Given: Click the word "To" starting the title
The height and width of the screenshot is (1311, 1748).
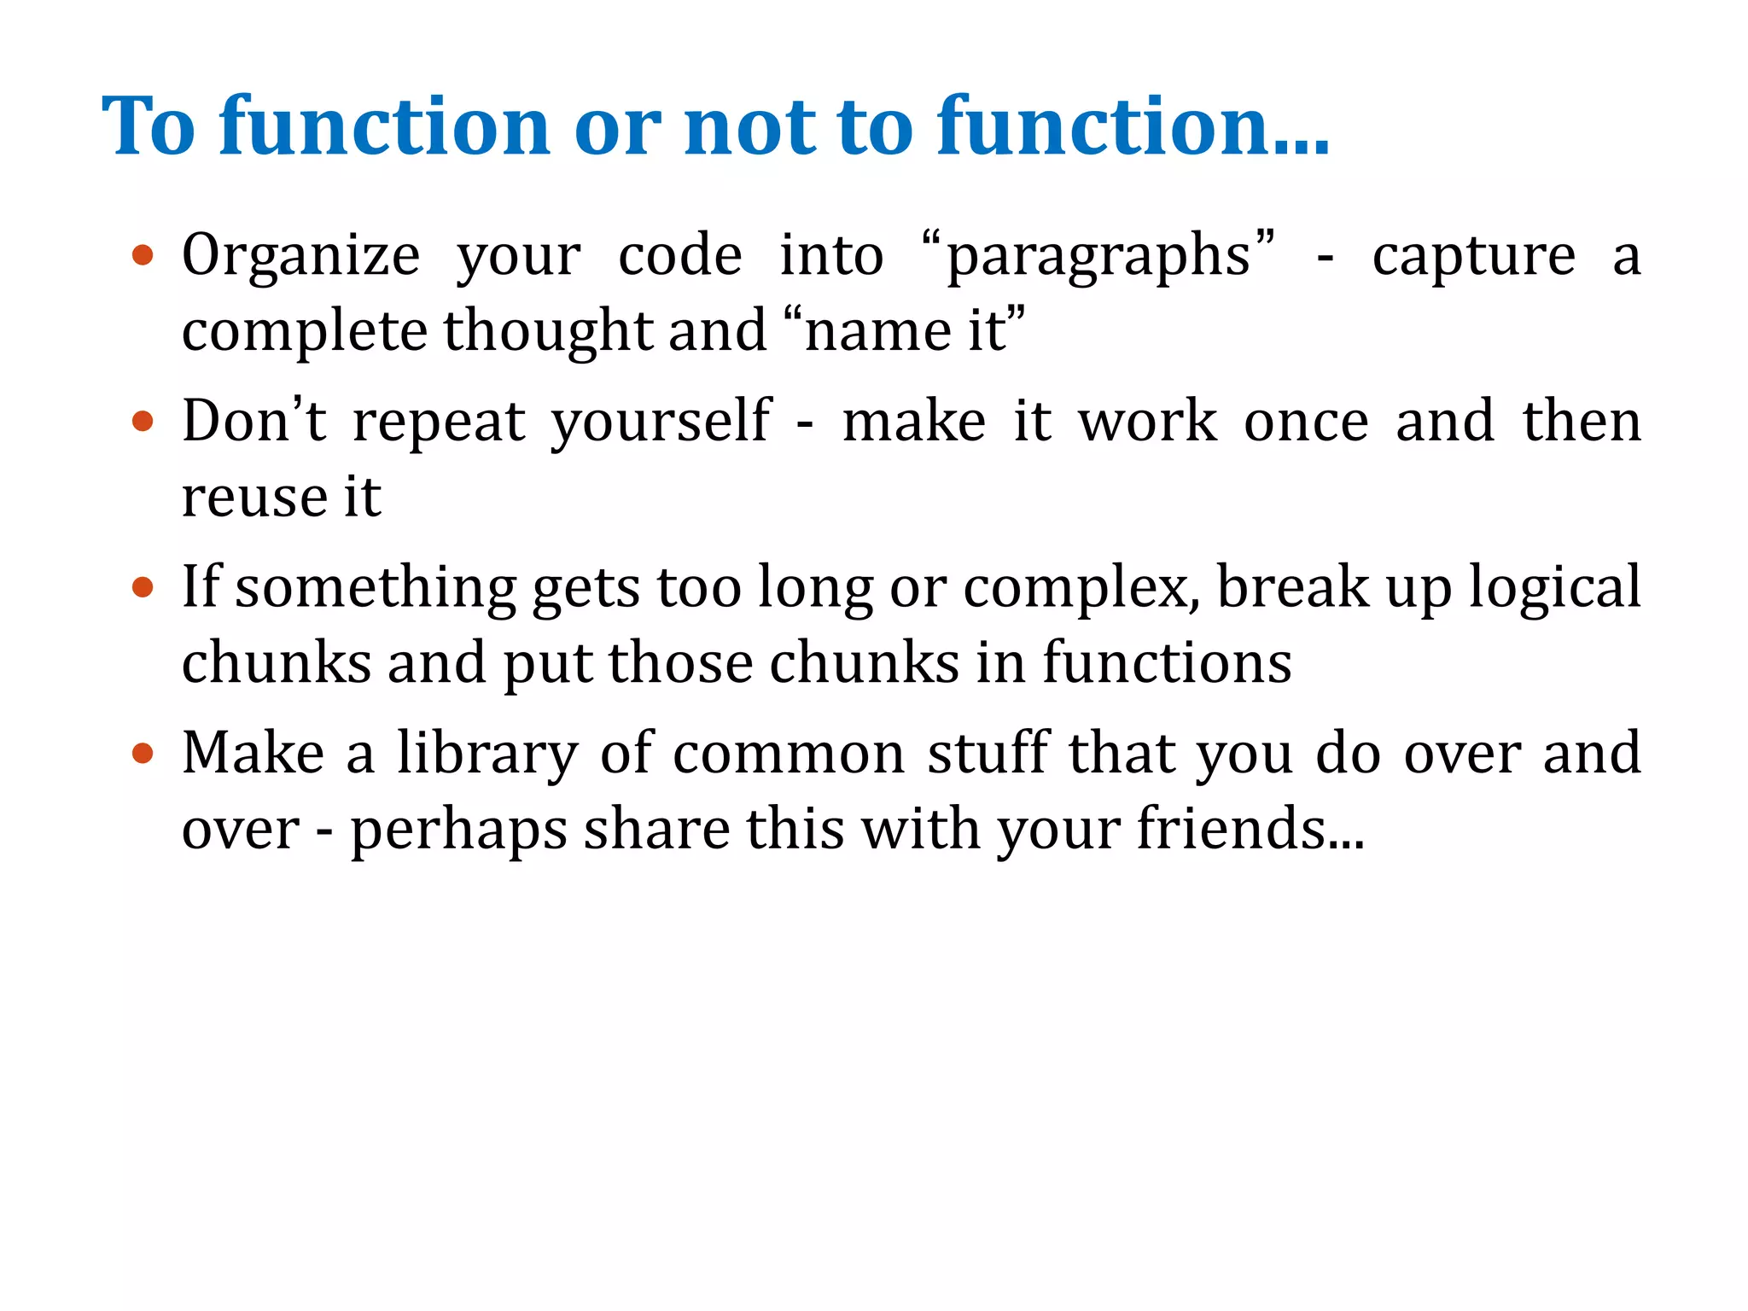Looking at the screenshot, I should [149, 126].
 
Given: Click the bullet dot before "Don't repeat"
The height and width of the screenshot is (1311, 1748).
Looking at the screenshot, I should [143, 421].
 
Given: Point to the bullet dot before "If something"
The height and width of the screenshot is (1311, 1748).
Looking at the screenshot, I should [143, 587].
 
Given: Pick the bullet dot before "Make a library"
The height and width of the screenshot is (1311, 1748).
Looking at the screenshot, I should [143, 753].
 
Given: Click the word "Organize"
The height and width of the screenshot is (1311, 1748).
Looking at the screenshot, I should [300, 256].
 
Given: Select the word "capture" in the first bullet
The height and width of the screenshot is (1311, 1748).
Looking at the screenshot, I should [1473, 256].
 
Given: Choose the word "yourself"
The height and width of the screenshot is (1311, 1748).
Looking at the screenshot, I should [661, 422].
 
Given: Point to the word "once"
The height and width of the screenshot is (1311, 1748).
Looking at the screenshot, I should [1306, 422].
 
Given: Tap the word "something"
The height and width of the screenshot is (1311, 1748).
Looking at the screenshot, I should [376, 589].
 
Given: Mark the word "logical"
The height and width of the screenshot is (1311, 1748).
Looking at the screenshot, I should [1554, 589].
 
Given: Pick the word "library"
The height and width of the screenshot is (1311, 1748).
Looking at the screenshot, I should [487, 755].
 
